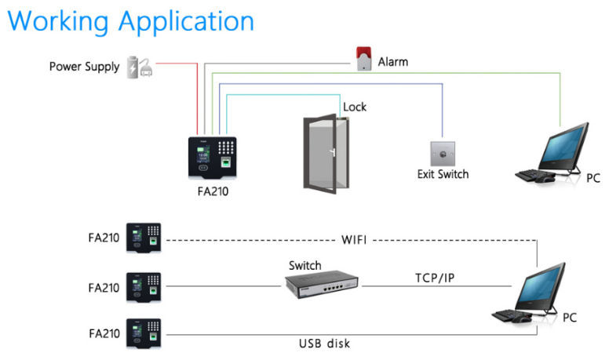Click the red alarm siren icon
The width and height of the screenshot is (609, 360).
click(x=363, y=59)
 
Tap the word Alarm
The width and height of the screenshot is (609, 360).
click(x=393, y=61)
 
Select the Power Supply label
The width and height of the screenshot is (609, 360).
click(x=84, y=66)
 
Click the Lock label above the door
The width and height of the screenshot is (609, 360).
click(x=355, y=107)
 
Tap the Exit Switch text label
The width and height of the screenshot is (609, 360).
click(x=443, y=174)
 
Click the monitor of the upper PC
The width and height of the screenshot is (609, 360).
click(x=566, y=144)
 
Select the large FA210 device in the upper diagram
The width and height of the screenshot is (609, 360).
click(x=211, y=158)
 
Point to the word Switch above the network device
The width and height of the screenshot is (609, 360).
click(x=304, y=265)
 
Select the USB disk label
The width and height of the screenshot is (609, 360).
click(x=324, y=344)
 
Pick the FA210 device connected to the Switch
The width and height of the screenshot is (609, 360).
click(x=144, y=286)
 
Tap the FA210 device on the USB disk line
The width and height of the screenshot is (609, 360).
click(x=144, y=333)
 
